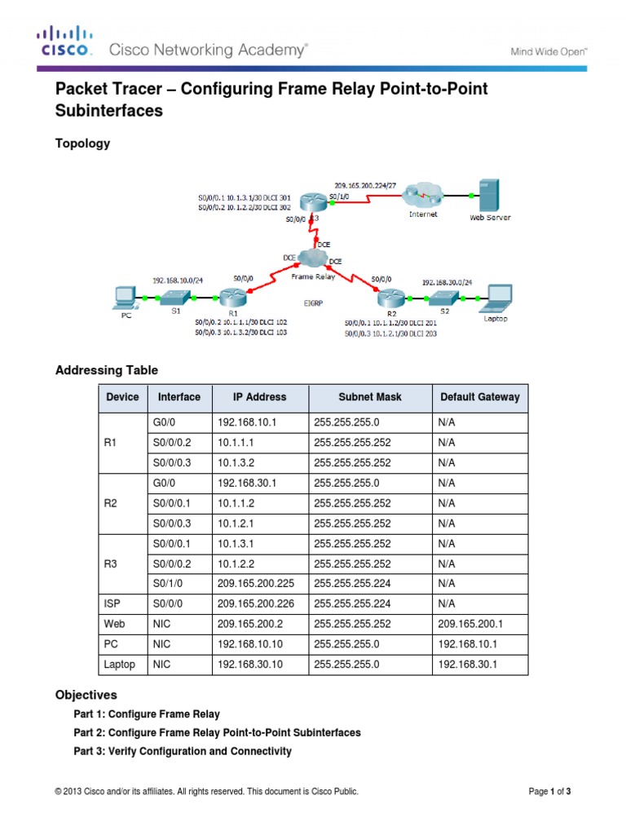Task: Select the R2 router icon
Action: pos(390,300)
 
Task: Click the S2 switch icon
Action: pos(444,298)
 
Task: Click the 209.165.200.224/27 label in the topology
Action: pos(365,185)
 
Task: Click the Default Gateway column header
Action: pos(479,397)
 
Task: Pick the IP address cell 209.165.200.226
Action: pos(255,603)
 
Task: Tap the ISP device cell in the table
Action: pos(113,603)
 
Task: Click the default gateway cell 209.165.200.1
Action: pos(469,624)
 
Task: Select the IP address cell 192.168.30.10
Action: pos(249,665)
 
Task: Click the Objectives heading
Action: pos(86,696)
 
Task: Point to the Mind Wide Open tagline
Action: pos(549,51)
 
